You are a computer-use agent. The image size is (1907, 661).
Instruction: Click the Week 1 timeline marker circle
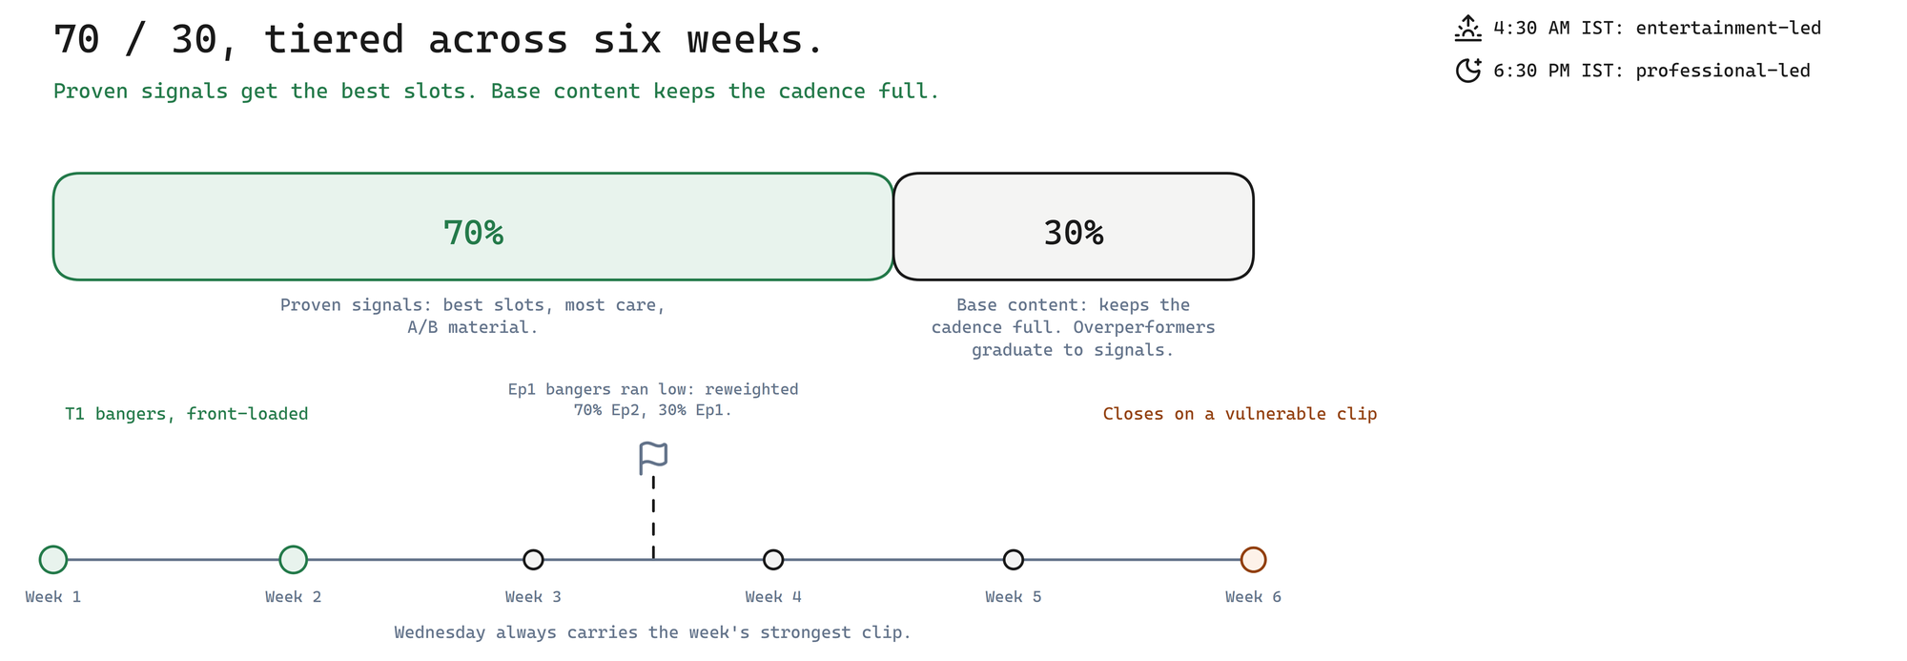(x=53, y=560)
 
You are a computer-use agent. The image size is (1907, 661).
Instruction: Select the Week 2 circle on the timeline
(x=294, y=560)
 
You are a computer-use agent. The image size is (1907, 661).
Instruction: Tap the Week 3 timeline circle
(x=533, y=560)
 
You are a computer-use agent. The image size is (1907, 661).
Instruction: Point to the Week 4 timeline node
(x=773, y=560)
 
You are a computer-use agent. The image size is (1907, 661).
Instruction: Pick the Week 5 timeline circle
(x=1014, y=560)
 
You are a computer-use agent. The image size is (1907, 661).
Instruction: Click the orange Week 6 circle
(x=1254, y=560)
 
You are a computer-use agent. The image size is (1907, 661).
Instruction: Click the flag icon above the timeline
(x=653, y=459)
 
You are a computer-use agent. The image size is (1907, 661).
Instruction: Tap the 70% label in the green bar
(x=473, y=233)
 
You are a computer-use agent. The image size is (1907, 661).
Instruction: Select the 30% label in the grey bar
(x=1074, y=233)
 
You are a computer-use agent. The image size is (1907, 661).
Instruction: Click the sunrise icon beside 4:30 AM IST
(x=1468, y=28)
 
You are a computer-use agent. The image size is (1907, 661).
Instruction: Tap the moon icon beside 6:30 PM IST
(x=1468, y=71)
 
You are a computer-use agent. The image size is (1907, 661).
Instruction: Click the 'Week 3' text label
(x=533, y=597)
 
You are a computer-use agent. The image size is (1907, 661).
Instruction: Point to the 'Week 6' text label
(x=1254, y=597)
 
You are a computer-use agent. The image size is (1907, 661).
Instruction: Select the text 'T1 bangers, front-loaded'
(x=187, y=414)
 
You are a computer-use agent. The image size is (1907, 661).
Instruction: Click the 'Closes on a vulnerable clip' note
(x=1240, y=414)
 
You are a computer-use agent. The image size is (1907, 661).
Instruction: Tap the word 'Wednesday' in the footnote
(x=440, y=632)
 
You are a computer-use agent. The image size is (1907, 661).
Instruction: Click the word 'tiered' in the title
(x=334, y=40)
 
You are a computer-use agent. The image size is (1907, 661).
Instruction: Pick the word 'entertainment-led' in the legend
(x=1728, y=28)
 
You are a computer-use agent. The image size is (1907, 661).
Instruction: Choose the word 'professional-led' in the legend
(x=1722, y=71)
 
